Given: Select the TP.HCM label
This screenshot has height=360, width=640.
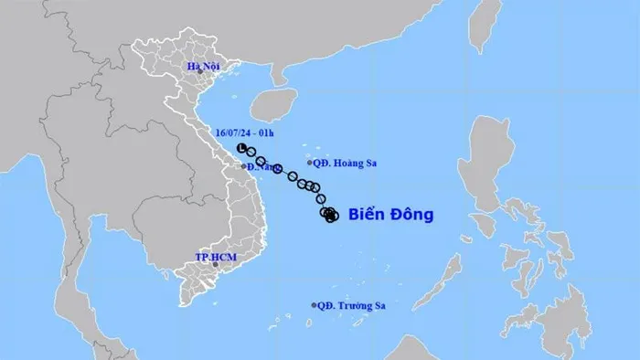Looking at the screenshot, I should pos(216,258).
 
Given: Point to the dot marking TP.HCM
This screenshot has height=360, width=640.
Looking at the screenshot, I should pos(216,266).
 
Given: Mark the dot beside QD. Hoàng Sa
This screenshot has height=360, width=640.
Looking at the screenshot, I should pos(310,164).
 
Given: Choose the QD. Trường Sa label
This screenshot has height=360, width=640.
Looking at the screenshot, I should pos(348,306).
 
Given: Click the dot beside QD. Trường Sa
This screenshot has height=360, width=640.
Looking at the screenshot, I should pos(314,305).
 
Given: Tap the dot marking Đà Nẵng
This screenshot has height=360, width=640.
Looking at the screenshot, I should pos(243,166).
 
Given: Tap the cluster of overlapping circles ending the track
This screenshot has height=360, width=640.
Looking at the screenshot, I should pos(329,215).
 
